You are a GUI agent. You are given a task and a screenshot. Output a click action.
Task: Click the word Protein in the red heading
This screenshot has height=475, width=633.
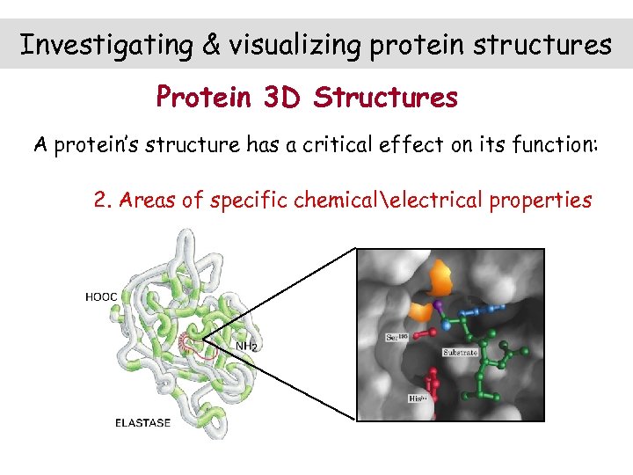pyautogui.click(x=204, y=97)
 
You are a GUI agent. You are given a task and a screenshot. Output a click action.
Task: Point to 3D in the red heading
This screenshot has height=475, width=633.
pyautogui.click(x=283, y=97)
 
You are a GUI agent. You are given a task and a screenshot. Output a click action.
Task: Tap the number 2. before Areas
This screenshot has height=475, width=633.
pyautogui.click(x=103, y=200)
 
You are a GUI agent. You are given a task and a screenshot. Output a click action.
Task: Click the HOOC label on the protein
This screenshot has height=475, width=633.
pyautogui.click(x=101, y=297)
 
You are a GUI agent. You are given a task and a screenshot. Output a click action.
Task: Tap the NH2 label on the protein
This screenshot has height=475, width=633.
pyautogui.click(x=246, y=347)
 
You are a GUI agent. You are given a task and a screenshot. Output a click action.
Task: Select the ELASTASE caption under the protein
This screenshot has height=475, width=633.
pyautogui.click(x=143, y=423)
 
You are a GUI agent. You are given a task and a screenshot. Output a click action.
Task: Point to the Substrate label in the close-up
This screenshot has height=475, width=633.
pyautogui.click(x=461, y=352)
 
